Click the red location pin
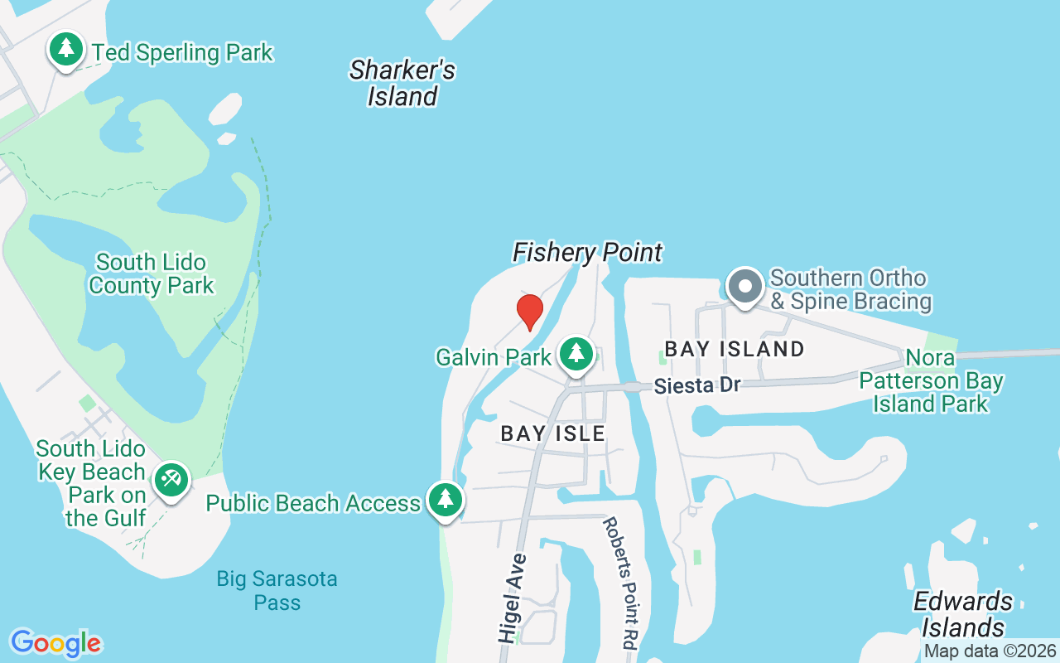(x=529, y=312)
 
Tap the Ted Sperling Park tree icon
(x=66, y=51)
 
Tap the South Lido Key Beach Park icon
(x=171, y=480)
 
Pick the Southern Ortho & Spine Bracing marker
(x=744, y=287)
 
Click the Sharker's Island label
(x=402, y=83)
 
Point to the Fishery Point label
(x=588, y=252)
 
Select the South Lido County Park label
(x=151, y=274)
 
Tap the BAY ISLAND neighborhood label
(x=735, y=349)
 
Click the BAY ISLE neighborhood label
(x=553, y=433)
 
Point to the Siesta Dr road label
(x=696, y=385)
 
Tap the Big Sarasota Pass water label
(x=277, y=590)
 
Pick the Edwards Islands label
(x=963, y=613)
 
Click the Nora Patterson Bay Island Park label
(x=931, y=381)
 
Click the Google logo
(x=55, y=643)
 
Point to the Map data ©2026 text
(x=990, y=651)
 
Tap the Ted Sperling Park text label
(x=182, y=53)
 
